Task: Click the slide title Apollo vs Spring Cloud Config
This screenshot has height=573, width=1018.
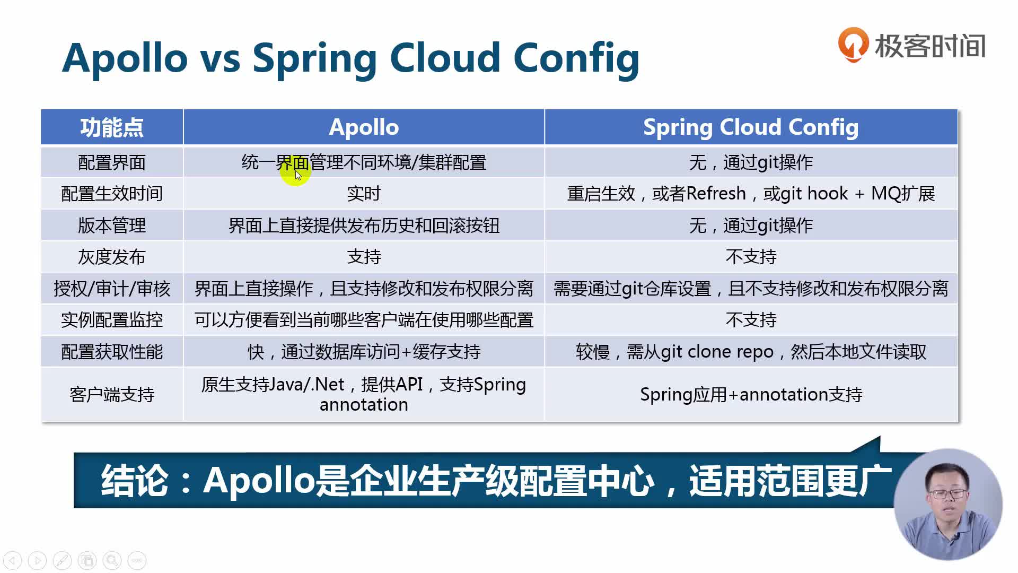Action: click(350, 58)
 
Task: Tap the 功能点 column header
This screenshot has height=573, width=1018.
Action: click(112, 127)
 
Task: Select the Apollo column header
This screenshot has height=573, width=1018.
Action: click(364, 127)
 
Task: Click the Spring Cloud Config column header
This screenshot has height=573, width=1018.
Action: click(751, 127)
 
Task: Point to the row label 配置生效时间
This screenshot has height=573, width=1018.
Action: click(112, 194)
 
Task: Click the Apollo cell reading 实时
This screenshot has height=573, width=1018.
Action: click(364, 194)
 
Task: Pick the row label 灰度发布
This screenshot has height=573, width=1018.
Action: click(112, 257)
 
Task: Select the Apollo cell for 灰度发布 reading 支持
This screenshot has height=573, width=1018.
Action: click(364, 257)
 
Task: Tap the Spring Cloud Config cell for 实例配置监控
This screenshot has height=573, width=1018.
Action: click(751, 320)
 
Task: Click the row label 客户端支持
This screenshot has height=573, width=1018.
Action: click(112, 394)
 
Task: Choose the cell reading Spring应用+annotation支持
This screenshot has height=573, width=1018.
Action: click(751, 394)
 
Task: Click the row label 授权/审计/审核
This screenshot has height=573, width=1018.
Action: click(112, 289)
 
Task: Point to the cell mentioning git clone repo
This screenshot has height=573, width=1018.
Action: click(751, 352)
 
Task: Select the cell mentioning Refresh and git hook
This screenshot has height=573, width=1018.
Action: click(751, 194)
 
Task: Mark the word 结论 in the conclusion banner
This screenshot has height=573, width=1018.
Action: click(135, 481)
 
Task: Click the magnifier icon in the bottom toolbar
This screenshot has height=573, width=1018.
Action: click(112, 560)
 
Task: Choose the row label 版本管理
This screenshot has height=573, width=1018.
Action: click(112, 225)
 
